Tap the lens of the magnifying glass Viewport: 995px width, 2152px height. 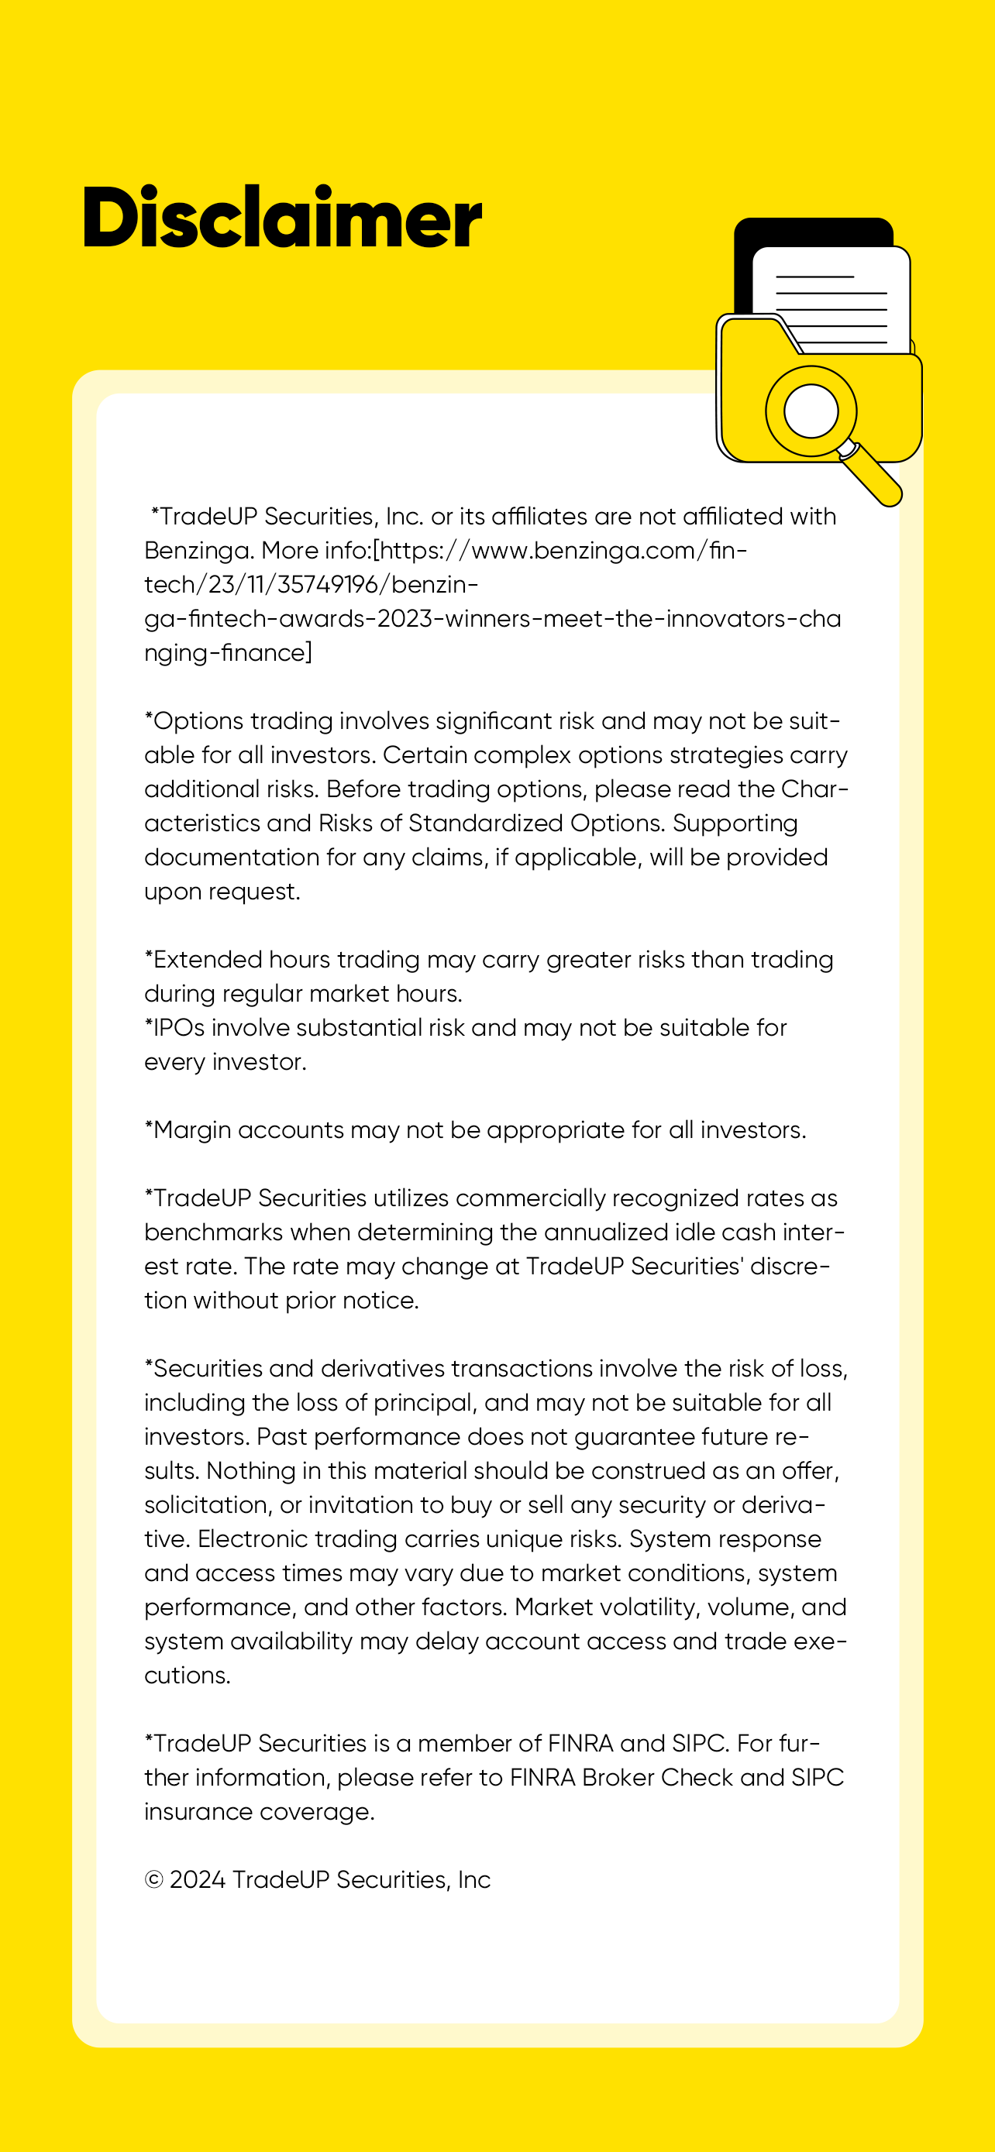[811, 411]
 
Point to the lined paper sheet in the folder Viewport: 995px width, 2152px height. [835, 301]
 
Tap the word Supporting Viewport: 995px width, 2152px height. [735, 823]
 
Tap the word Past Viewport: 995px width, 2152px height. [281, 1437]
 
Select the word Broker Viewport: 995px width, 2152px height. [618, 1778]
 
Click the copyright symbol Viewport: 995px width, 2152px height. [153, 1879]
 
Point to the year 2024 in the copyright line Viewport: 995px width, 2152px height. [197, 1879]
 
